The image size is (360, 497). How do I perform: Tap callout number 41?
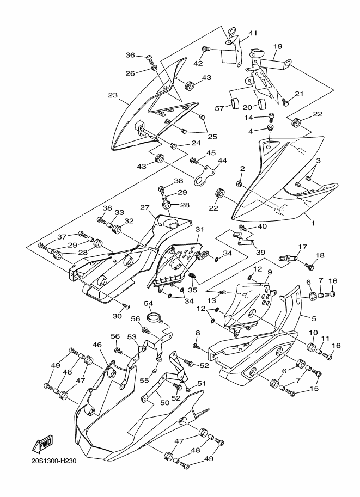(253, 33)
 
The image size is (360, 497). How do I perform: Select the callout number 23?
(113, 95)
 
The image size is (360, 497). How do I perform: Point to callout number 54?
(149, 303)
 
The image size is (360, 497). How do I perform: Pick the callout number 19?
(278, 47)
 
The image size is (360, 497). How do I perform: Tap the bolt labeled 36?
(150, 58)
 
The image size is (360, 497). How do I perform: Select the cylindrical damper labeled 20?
(262, 103)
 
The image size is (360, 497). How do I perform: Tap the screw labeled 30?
(127, 306)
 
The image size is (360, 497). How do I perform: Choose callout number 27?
(145, 207)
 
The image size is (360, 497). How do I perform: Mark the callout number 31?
(200, 229)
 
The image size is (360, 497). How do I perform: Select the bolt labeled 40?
(243, 227)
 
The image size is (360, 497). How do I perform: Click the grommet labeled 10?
(311, 346)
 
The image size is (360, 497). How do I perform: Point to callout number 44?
(222, 161)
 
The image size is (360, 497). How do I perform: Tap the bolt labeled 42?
(205, 49)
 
